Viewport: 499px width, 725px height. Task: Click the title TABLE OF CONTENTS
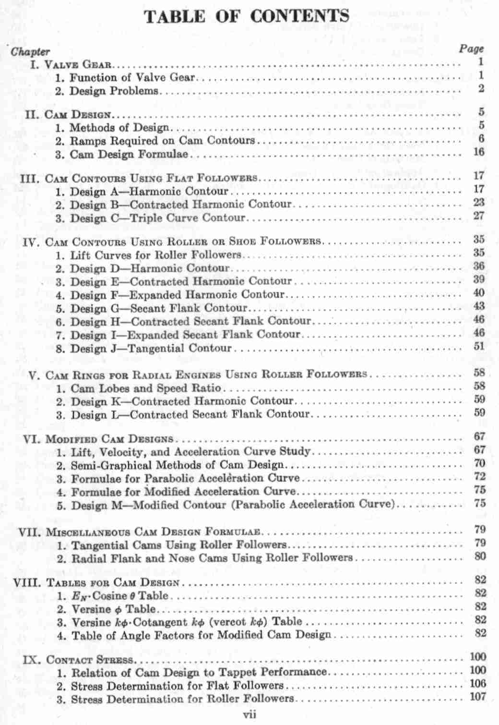(247, 17)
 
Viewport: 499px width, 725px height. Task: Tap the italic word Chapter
(30, 51)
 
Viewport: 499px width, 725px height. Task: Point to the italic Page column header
(472, 49)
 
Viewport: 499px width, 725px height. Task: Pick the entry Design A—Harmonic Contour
(149, 192)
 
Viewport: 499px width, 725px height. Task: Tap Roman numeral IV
(32, 242)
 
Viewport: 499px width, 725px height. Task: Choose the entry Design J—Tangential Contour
(151, 348)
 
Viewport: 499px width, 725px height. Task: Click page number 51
(479, 346)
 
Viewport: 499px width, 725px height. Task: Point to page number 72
(479, 477)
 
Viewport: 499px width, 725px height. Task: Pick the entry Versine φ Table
(113, 609)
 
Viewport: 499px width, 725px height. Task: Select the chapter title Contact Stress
(89, 660)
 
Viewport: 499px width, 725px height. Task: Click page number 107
(478, 697)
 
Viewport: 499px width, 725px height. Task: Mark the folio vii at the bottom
(249, 714)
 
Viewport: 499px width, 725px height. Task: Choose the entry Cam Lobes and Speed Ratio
(146, 388)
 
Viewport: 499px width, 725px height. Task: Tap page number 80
(480, 556)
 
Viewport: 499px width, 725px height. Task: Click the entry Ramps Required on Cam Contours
(162, 141)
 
